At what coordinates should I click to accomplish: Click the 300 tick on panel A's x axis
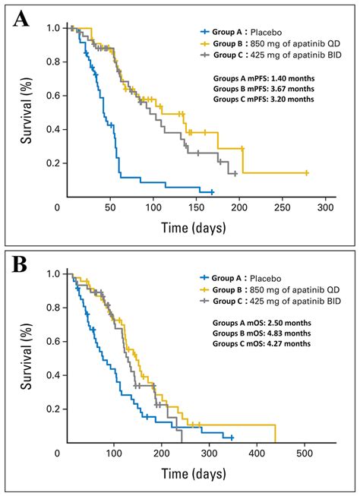[326, 207]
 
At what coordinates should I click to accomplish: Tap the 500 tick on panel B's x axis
[305, 453]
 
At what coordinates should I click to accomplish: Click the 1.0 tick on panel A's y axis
[52, 28]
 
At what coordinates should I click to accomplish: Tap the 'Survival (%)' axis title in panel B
[28, 357]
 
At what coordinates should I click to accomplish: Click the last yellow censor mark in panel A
[306, 173]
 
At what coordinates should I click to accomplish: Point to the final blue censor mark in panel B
[232, 438]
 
